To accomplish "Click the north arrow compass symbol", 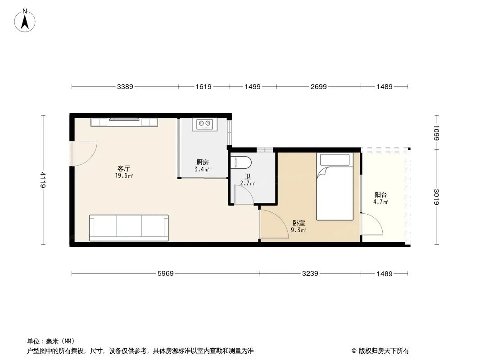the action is (x=25, y=21).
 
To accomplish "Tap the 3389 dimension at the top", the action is (x=125, y=87).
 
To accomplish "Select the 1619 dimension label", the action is (x=204, y=87).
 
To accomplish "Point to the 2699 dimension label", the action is (x=319, y=87).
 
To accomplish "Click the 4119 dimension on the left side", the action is (x=43, y=180).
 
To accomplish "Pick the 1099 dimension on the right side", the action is (x=436, y=133).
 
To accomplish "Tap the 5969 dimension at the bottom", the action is (x=166, y=274).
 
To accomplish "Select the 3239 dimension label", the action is (x=310, y=274).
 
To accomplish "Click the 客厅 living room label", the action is (x=124, y=169).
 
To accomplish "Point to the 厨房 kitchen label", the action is (x=202, y=162).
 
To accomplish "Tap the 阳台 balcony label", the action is (x=380, y=194).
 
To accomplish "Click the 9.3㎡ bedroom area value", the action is (x=298, y=230).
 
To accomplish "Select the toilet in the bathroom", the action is (x=241, y=162).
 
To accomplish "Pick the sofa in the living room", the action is (x=129, y=228).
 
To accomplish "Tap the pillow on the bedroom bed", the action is (x=335, y=160).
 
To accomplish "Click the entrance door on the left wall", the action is (x=84, y=153).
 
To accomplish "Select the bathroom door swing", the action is (x=244, y=195).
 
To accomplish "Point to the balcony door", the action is (x=371, y=224).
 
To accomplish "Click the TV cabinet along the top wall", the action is (x=124, y=122).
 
